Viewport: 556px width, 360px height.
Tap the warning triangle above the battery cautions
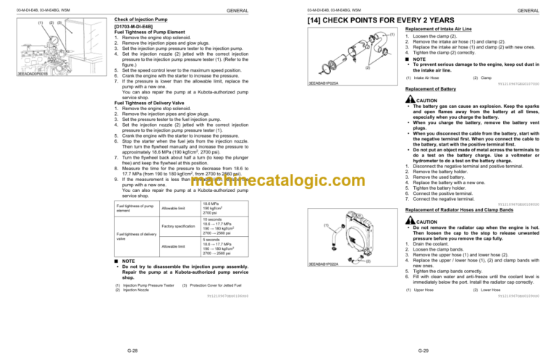(409, 99)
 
